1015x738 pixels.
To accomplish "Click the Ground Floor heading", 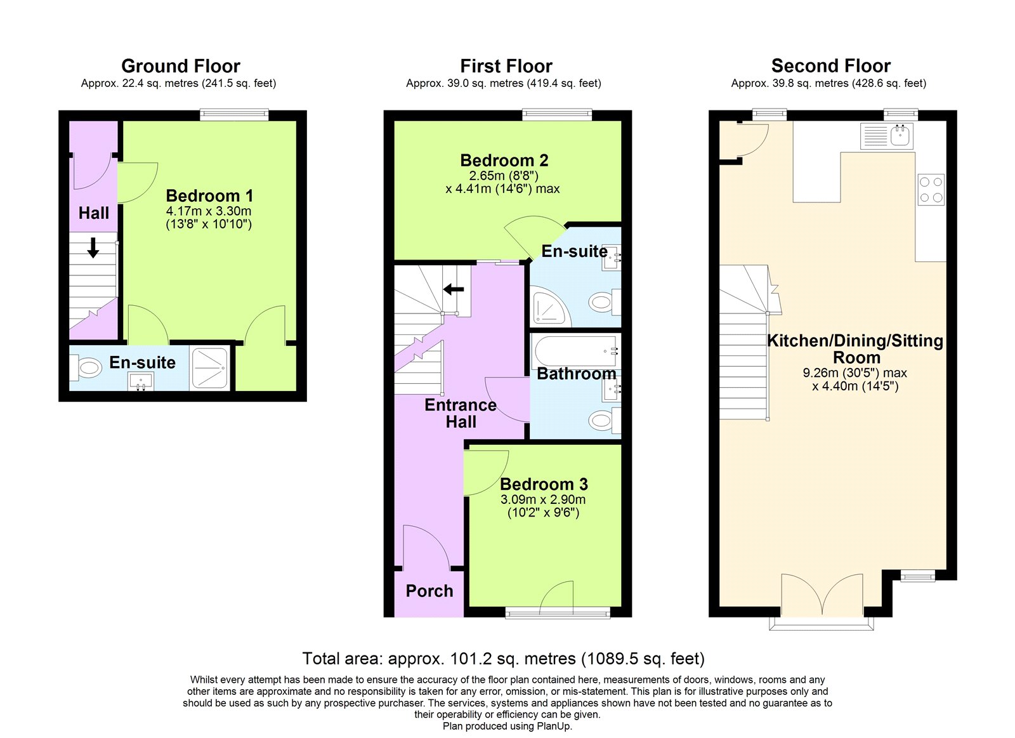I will (x=180, y=66).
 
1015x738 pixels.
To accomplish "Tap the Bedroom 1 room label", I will (x=209, y=195).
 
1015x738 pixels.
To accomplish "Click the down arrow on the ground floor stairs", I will (x=93, y=247).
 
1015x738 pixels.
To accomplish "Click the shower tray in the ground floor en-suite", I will (x=210, y=367).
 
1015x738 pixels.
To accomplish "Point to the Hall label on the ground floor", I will (x=94, y=213).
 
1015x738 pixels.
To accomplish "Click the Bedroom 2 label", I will (x=504, y=161).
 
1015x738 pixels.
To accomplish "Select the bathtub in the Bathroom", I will (x=575, y=351).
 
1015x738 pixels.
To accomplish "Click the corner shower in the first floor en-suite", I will (x=548, y=307).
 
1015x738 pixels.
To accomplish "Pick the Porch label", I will (x=429, y=591).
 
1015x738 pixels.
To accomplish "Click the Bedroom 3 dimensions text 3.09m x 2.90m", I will (x=542, y=499).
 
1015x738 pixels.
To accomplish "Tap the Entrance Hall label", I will (x=461, y=413).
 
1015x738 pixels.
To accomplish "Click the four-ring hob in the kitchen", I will (x=931, y=190).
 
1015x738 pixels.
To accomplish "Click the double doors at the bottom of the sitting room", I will (x=822, y=596).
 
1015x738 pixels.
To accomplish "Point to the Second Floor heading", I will (x=830, y=66).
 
